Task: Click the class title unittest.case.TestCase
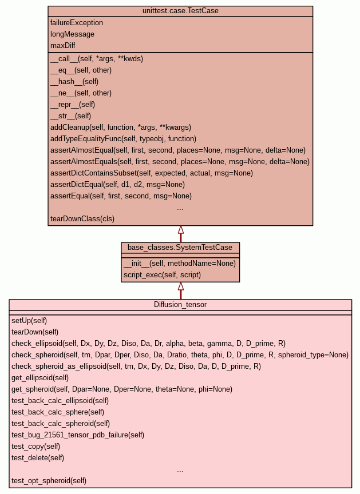pos(180,11)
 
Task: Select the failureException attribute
pos(77,23)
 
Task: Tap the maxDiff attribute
pos(63,45)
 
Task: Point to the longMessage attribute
pos(72,34)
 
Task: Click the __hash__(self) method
pos(74,82)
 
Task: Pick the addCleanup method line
pos(121,128)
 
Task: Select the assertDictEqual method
pos(117,184)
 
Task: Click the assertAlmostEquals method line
pos(180,162)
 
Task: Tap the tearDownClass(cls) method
pos(82,218)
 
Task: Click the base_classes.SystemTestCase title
pos(180,248)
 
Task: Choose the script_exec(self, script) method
pos(162,274)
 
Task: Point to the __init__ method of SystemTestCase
pos(180,264)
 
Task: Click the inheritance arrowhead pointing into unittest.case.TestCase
pos(181,230)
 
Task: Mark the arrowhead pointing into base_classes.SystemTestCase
pos(181,286)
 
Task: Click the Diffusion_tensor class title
pos(180,304)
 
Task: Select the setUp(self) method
pos(29,320)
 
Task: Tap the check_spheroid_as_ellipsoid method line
pos(136,366)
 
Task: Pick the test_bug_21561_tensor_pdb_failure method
pos(78,435)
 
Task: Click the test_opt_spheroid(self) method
pos(49,480)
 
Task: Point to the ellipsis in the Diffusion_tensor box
pos(180,471)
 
